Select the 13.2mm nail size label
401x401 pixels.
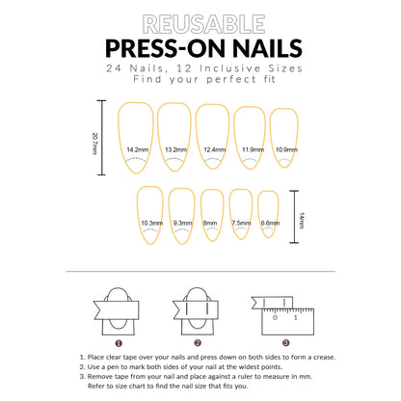click(175, 150)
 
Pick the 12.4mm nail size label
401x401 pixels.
click(214, 150)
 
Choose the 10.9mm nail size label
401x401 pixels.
click(286, 150)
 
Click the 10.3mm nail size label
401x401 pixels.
click(151, 223)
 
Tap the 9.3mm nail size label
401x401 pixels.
click(183, 223)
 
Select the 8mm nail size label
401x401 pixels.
click(211, 223)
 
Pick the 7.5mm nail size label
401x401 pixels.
click(241, 223)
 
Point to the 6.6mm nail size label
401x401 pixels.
click(271, 223)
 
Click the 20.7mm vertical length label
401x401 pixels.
click(95, 139)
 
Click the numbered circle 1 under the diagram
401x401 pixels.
click(119, 342)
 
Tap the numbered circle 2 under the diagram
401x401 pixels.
click(198, 342)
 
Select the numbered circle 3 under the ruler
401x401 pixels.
click(285, 342)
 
